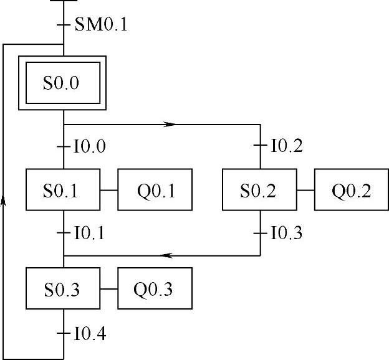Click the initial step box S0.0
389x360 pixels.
pyautogui.click(x=62, y=83)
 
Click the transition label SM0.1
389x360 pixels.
pyautogui.click(x=100, y=25)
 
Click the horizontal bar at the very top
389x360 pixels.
pyautogui.click(x=63, y=1)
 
